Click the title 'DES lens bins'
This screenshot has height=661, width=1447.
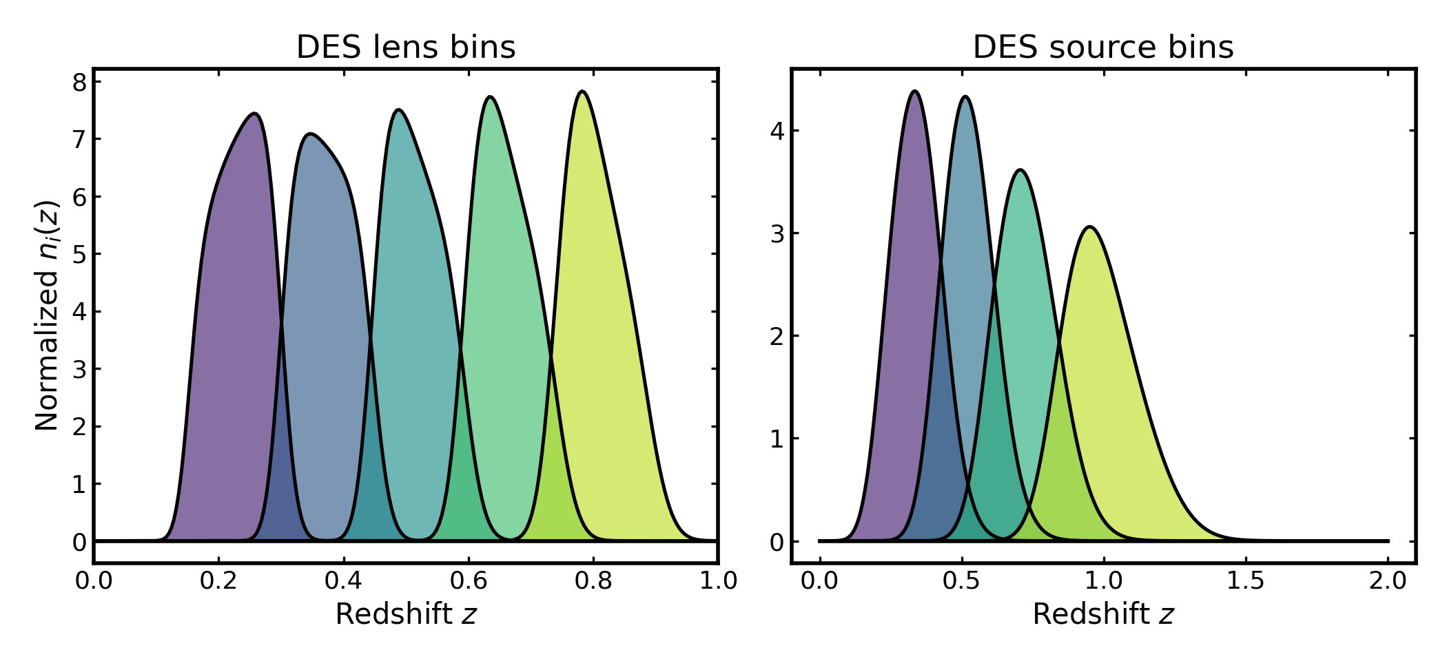406,48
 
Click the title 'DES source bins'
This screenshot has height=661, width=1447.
1102,48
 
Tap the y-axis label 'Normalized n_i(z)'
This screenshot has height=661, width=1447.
47,315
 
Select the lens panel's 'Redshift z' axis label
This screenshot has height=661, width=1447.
406,614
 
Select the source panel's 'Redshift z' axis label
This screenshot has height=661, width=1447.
1102,614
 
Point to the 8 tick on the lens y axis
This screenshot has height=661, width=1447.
80,83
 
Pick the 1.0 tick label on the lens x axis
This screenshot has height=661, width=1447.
718,581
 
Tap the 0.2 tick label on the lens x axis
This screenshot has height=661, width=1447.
218,581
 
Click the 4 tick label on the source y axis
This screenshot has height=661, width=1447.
777,131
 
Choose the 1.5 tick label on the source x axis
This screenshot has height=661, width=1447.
1246,581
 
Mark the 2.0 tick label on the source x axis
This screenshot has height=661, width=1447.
1388,581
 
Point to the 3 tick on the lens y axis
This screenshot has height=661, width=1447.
80,370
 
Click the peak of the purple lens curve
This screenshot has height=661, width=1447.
255,114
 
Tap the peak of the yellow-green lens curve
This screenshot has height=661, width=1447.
582,92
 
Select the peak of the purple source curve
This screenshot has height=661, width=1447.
914,91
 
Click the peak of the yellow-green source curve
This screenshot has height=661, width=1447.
1090,227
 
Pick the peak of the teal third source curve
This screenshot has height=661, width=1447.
1020,170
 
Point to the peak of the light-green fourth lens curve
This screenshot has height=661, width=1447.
490,97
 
